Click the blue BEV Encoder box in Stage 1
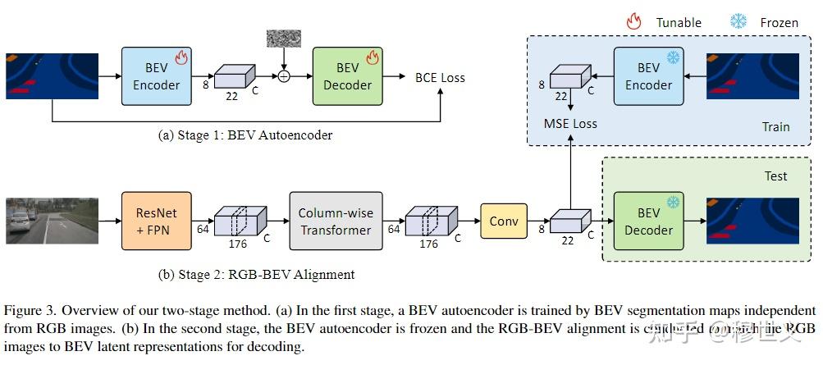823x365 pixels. tap(157, 76)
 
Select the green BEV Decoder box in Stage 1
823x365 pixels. tap(348, 76)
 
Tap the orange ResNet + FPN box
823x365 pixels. tap(157, 221)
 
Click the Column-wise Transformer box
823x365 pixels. tap(336, 221)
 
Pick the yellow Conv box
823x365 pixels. tap(504, 221)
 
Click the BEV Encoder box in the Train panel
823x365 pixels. tap(649, 76)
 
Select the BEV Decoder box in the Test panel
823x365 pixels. tap(648, 221)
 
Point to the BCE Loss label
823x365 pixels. tap(440, 78)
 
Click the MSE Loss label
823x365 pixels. tap(570, 124)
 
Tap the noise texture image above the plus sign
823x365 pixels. tap(283, 39)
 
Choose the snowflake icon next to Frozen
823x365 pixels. tap(738, 22)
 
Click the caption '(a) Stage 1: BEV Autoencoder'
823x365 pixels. tap(245, 135)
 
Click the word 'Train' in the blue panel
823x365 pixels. tap(775, 126)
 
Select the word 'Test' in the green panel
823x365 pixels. tap(775, 176)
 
